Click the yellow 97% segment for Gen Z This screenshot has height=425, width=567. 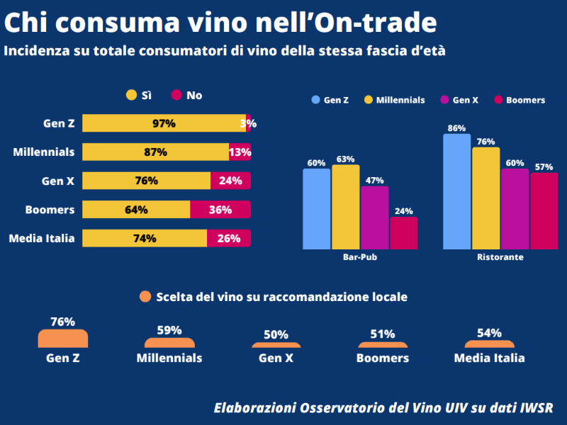[164, 123]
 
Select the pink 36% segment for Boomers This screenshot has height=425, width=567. [220, 210]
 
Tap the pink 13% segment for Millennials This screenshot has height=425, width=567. [240, 152]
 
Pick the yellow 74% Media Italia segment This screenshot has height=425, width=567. [145, 239]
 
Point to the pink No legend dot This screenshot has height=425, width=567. [176, 95]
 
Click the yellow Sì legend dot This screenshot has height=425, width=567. [131, 95]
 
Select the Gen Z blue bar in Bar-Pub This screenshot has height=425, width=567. [316, 209]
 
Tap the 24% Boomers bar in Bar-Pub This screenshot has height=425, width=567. [403, 233]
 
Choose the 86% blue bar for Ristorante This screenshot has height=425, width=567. [456, 191]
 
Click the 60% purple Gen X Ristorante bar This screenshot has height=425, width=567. [515, 209]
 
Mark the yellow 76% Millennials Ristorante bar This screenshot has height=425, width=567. [485, 198]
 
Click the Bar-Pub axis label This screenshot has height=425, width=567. [359, 258]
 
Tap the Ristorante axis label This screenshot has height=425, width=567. [500, 258]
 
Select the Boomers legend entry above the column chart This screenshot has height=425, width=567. [524, 101]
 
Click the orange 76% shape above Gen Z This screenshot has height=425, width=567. [63, 339]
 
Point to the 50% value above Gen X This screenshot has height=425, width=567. [276, 335]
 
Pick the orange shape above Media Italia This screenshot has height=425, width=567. [489, 344]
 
